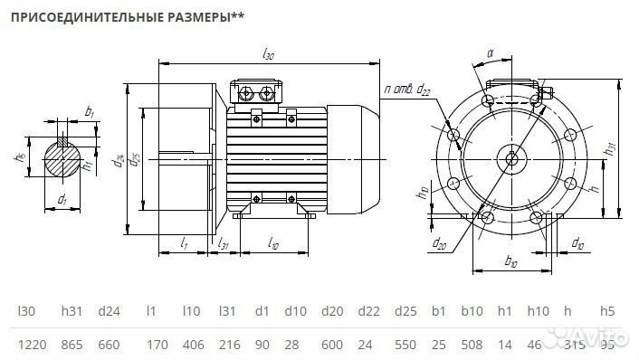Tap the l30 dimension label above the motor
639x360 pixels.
(x=268, y=55)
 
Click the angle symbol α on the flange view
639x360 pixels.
(x=490, y=54)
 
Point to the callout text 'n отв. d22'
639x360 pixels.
(x=407, y=88)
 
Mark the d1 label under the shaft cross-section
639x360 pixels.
(x=62, y=199)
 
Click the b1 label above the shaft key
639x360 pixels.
(x=89, y=111)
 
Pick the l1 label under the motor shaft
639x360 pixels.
(x=185, y=244)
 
